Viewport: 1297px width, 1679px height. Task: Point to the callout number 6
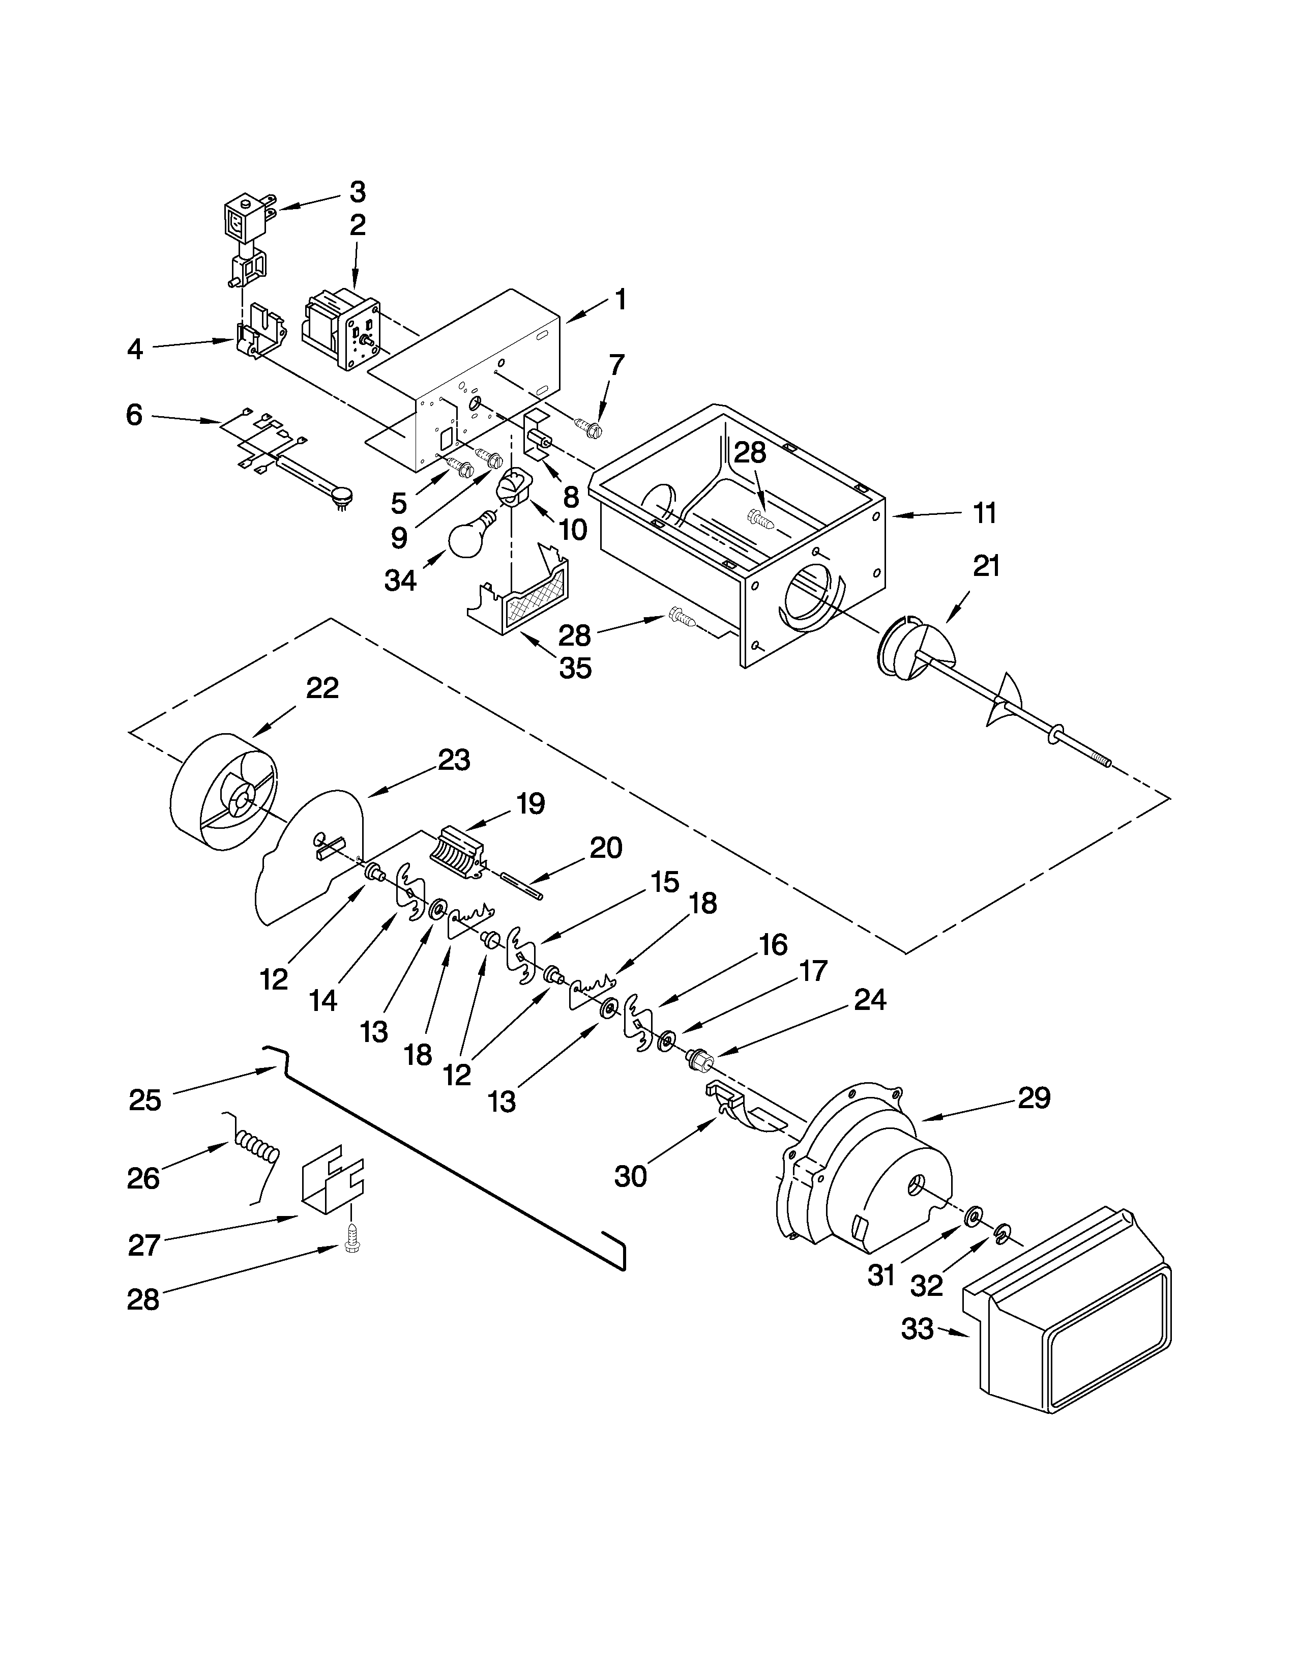click(x=134, y=415)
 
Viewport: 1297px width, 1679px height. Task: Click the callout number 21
click(x=986, y=567)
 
